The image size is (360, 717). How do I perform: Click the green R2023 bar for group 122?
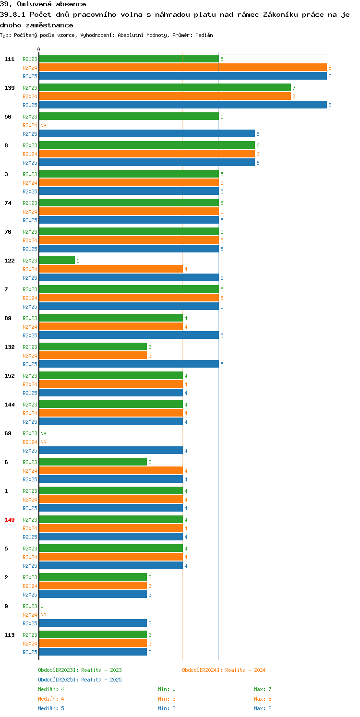(x=57, y=260)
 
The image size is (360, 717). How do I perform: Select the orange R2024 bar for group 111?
(x=183, y=67)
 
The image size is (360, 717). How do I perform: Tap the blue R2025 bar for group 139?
(x=183, y=105)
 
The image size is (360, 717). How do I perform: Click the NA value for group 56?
(x=43, y=125)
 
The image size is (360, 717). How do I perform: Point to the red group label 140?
(x=9, y=519)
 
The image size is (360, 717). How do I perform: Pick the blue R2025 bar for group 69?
(x=111, y=450)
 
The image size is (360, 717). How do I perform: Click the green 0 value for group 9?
(x=42, y=606)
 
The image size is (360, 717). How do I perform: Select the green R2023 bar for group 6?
(x=93, y=462)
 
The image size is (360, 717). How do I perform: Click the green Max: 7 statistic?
(x=263, y=689)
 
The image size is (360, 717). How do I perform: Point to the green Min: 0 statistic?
(x=167, y=689)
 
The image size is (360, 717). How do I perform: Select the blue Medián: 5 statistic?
(x=51, y=708)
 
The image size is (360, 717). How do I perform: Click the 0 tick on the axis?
(x=39, y=49)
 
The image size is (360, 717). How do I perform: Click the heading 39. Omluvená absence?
(x=43, y=4)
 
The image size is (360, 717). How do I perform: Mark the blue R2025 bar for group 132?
(x=129, y=364)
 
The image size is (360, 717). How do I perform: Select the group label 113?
(x=9, y=635)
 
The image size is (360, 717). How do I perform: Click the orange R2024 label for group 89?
(x=30, y=327)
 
